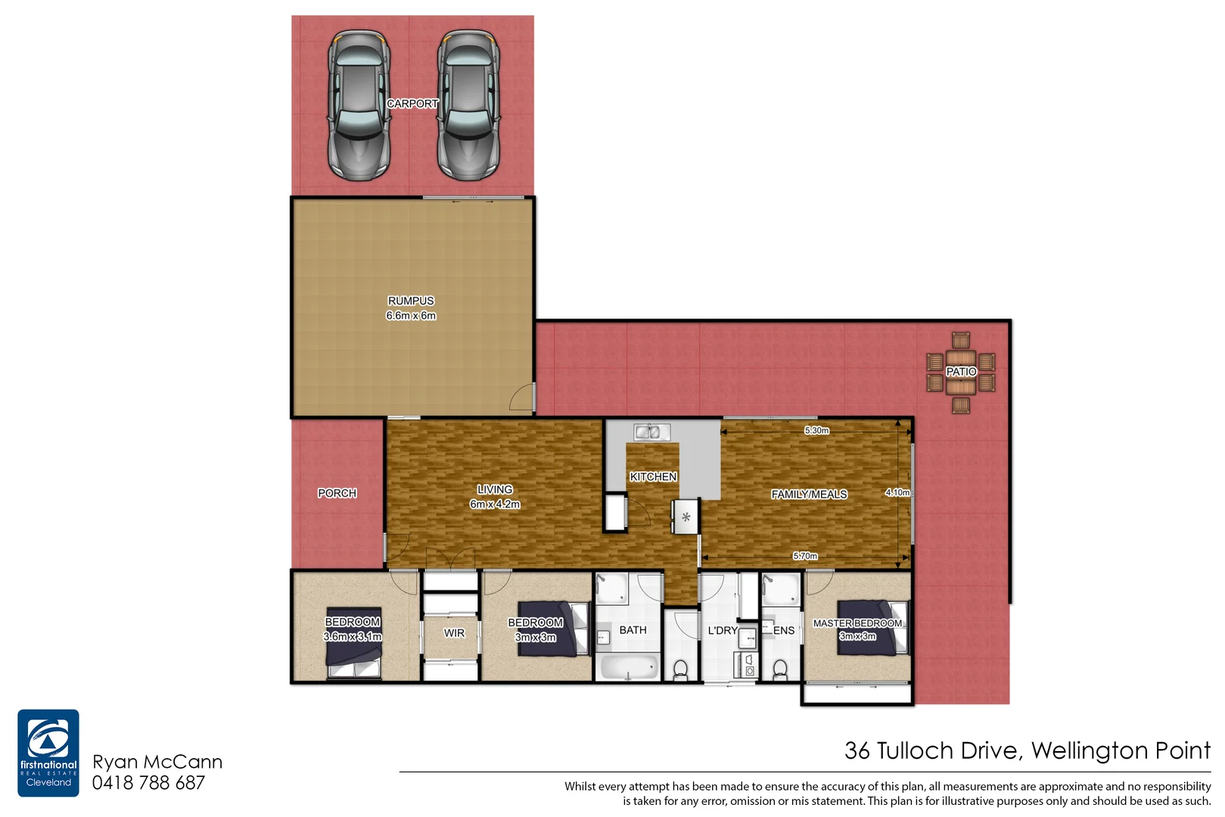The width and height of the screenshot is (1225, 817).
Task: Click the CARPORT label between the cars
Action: pyautogui.click(x=412, y=104)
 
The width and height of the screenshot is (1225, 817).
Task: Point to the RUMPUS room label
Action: pyautogui.click(x=411, y=300)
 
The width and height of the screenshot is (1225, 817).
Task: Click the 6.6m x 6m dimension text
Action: pyautogui.click(x=411, y=315)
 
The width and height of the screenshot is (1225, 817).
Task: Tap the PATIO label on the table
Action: pyautogui.click(x=961, y=371)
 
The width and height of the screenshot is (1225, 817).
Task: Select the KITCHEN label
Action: pyautogui.click(x=653, y=477)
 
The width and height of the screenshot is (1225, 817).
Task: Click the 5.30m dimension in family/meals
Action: pyautogui.click(x=816, y=430)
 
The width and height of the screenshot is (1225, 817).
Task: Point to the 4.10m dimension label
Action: pyautogui.click(x=897, y=492)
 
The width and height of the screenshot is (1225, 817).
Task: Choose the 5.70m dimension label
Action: pyautogui.click(x=805, y=556)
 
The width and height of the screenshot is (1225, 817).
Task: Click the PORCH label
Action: pyautogui.click(x=337, y=493)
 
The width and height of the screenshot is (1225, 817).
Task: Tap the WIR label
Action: pyautogui.click(x=454, y=633)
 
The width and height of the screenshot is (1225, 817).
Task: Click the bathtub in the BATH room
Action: pyautogui.click(x=628, y=667)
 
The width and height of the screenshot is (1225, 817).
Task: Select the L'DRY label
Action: pyautogui.click(x=722, y=630)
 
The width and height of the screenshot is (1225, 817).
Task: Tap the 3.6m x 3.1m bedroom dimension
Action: pyautogui.click(x=353, y=637)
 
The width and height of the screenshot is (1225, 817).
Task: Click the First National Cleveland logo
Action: pyautogui.click(x=48, y=753)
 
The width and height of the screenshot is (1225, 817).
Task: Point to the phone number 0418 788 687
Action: pyautogui.click(x=148, y=783)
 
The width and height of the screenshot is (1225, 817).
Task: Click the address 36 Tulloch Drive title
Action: pyautogui.click(x=1027, y=750)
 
